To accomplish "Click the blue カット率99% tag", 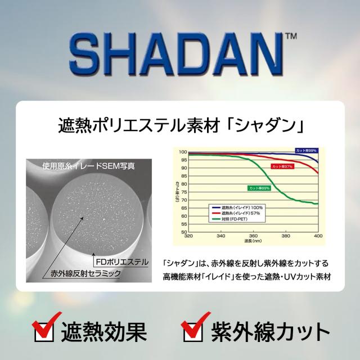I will tap(307, 151).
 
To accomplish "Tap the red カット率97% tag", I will tap(282, 167).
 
